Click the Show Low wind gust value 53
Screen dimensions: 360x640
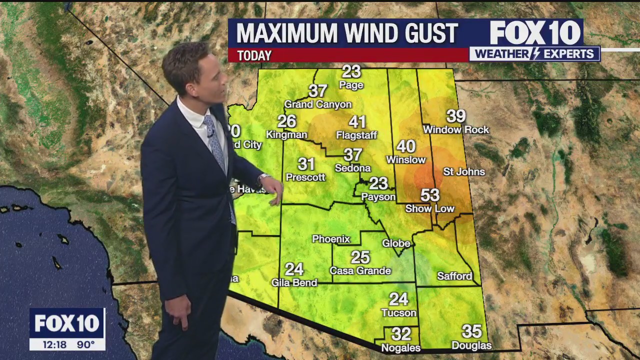(430, 195)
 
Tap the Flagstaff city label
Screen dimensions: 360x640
(356, 135)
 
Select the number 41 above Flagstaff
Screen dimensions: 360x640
(357, 122)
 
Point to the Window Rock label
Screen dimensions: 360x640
(456, 130)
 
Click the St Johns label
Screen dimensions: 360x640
(464, 172)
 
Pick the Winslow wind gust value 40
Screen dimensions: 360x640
(406, 146)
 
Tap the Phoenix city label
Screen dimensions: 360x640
(331, 239)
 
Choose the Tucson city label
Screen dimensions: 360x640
(398, 313)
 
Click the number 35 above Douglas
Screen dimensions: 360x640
(471, 331)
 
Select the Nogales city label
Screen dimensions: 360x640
(400, 348)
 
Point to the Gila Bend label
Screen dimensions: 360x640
(294, 283)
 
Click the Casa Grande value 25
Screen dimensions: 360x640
(360, 257)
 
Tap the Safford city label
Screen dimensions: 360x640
(454, 276)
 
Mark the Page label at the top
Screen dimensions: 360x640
(351, 85)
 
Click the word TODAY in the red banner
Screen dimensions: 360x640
(254, 56)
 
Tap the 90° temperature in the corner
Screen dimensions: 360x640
(85, 344)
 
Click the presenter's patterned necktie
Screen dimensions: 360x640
(216, 145)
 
